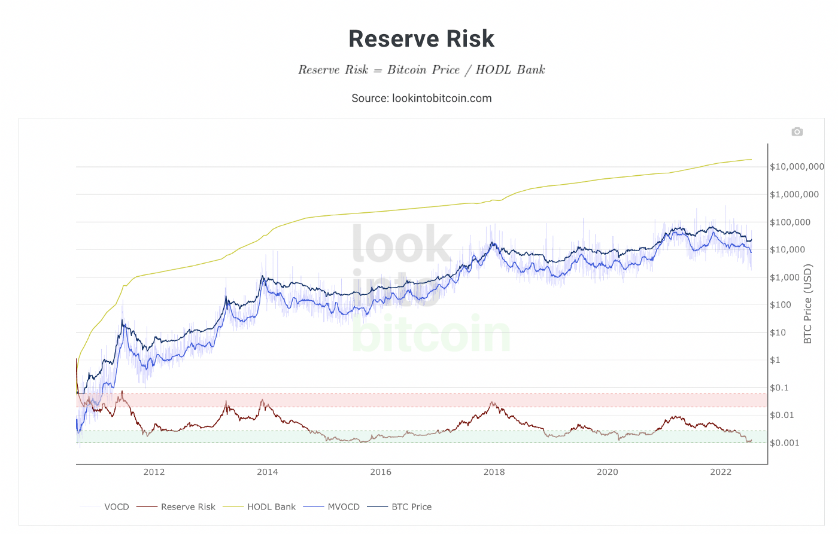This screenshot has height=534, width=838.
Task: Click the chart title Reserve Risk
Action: [x=421, y=39]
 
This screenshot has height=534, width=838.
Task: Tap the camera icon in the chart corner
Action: [x=797, y=132]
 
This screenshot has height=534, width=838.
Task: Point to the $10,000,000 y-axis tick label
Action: [x=797, y=167]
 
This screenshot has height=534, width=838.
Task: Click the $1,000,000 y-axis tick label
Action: [x=794, y=194]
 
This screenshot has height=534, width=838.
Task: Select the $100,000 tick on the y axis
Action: [x=790, y=222]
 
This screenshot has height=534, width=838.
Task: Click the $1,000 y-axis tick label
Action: [x=785, y=277]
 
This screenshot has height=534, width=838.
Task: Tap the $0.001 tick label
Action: [x=785, y=443]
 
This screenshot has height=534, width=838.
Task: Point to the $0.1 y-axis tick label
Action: [x=779, y=387]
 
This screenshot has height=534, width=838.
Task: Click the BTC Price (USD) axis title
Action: [x=808, y=304]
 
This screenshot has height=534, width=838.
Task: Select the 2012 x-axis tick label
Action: [x=154, y=472]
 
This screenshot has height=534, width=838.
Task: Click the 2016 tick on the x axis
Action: [x=381, y=472]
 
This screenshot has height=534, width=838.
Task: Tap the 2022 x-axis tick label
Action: [x=721, y=472]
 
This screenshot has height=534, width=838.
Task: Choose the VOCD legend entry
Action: [x=116, y=507]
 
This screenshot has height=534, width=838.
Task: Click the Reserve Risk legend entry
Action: [x=188, y=507]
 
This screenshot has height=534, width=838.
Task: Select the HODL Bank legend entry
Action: [x=271, y=507]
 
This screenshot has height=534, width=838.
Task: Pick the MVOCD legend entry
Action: [x=344, y=507]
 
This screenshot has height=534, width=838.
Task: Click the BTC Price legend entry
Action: [x=411, y=507]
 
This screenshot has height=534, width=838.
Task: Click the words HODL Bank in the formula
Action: [x=510, y=70]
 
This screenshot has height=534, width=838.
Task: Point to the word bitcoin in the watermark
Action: [x=431, y=334]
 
